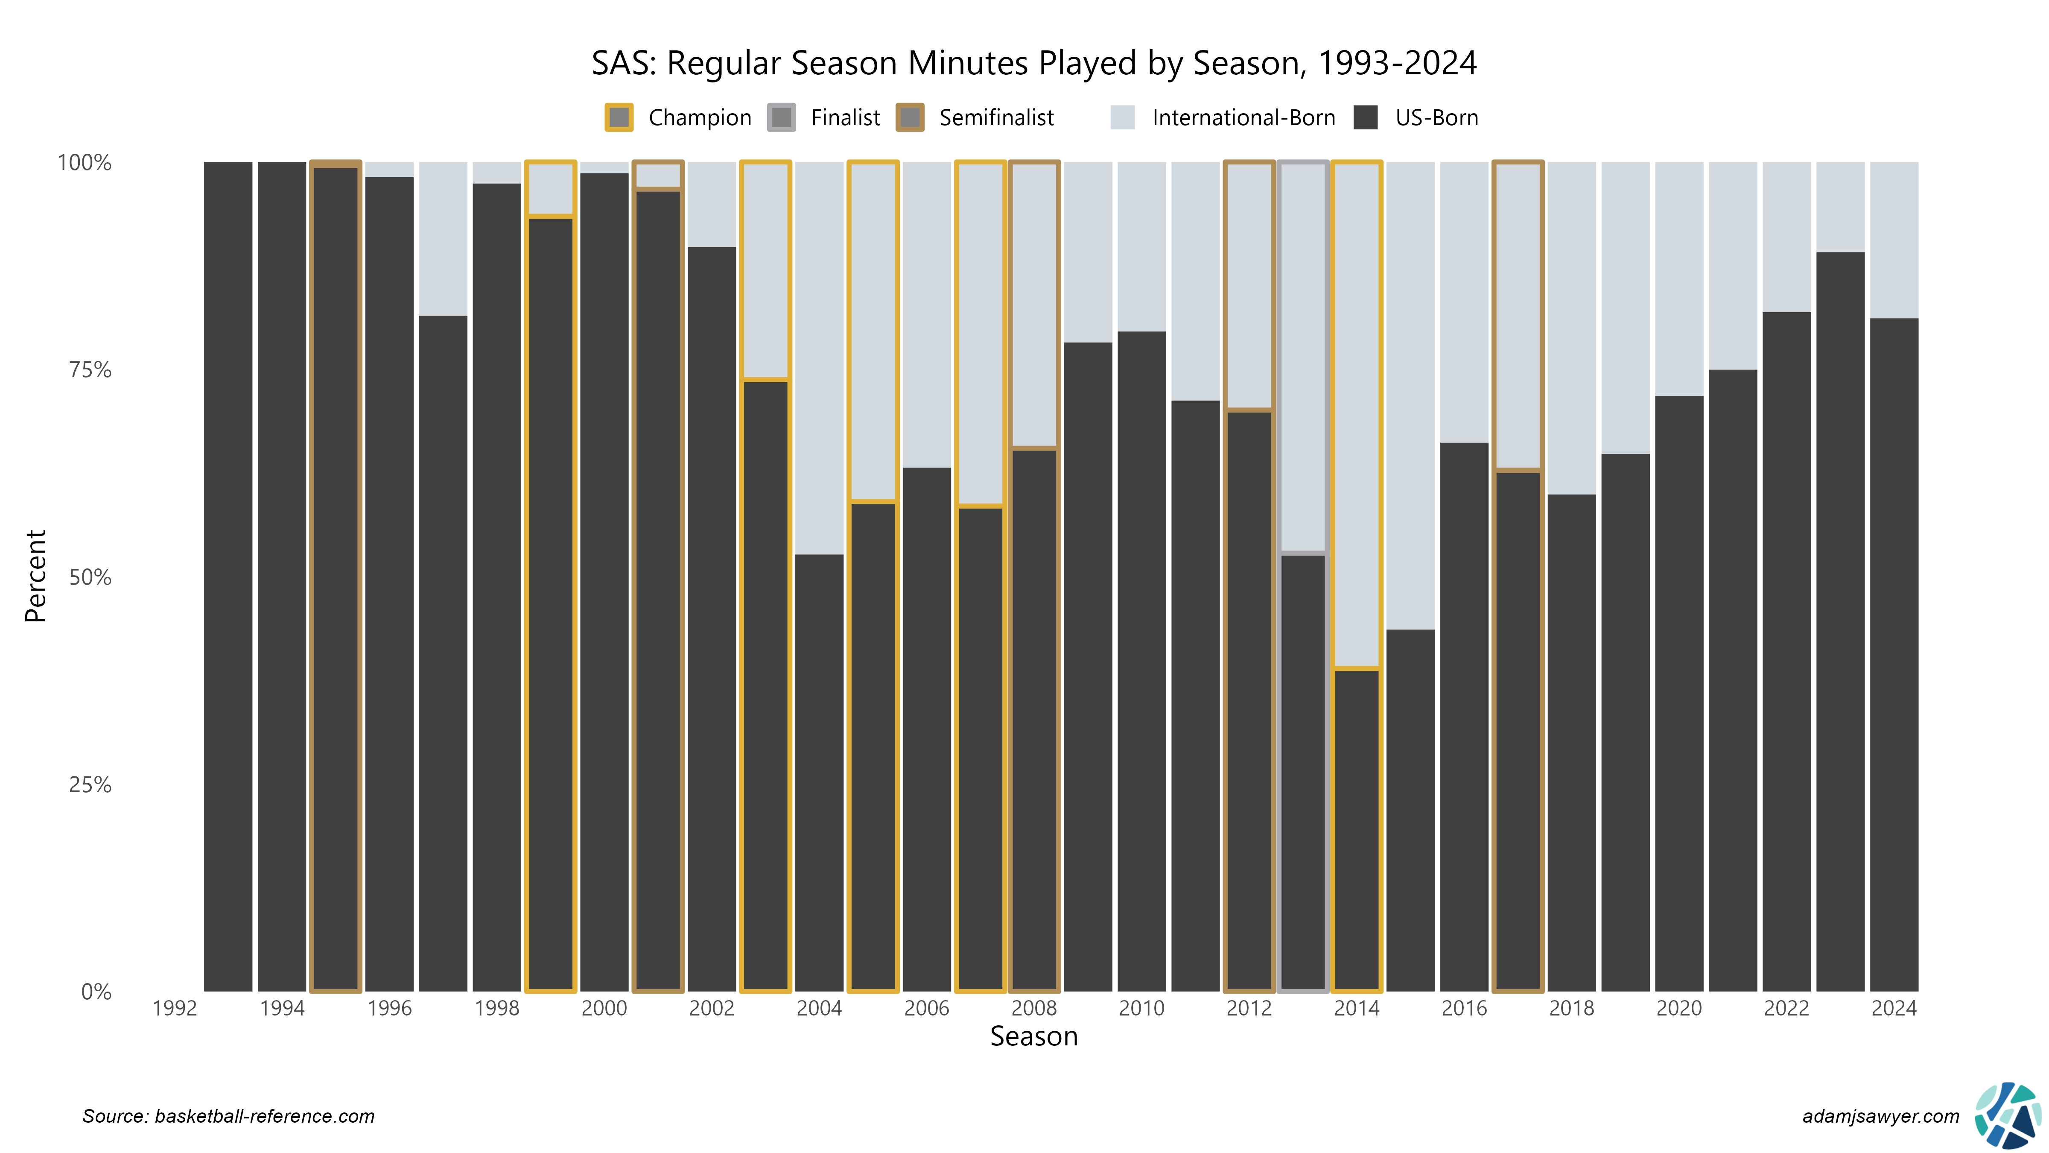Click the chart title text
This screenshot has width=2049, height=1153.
coord(1033,63)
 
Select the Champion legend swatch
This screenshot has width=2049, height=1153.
coord(619,118)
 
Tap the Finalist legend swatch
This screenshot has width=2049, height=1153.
coord(781,118)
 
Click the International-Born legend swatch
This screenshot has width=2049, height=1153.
coord(1122,118)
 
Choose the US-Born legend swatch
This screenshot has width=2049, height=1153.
coord(1365,118)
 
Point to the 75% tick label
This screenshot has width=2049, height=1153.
coord(90,370)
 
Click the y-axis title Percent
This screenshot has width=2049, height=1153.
coord(36,576)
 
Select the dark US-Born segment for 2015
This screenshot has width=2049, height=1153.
coord(1410,812)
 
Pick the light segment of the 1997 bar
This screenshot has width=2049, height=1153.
coord(443,239)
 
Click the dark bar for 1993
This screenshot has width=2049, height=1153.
coord(228,576)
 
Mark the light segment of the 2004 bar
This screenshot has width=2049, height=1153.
coord(819,358)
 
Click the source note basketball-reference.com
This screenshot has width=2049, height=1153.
coord(228,1116)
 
